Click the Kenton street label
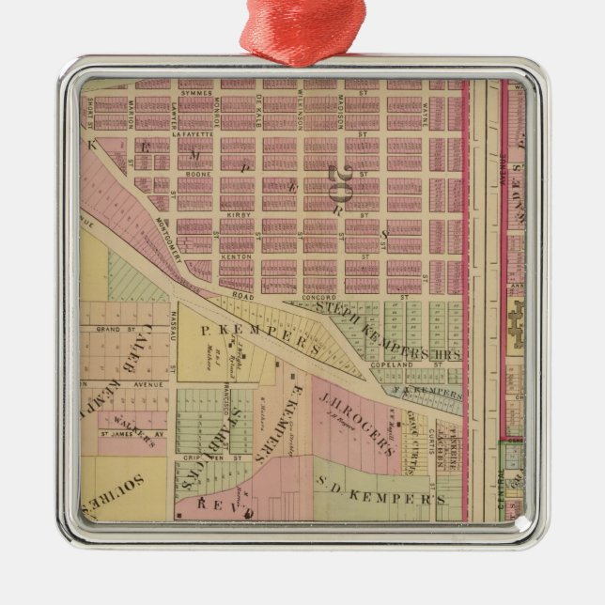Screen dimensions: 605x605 point(232,256)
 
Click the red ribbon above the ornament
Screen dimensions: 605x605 point(302,28)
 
